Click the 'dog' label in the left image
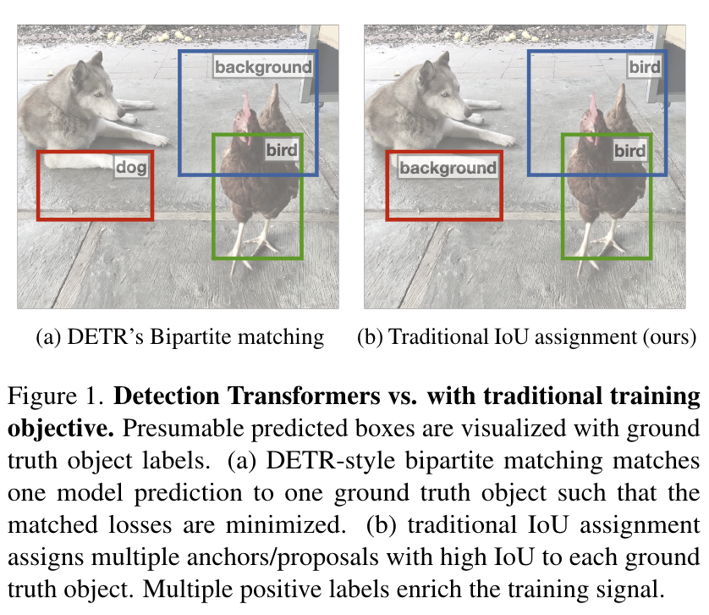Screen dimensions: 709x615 [131, 167]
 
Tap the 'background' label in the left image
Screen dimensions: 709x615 [262, 67]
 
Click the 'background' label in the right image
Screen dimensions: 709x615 [448, 168]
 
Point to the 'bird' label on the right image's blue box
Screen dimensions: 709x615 [644, 67]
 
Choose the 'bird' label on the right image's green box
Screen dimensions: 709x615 [629, 151]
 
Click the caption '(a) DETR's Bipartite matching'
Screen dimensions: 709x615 [179, 337]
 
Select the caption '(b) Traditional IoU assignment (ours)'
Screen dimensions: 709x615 [526, 337]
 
